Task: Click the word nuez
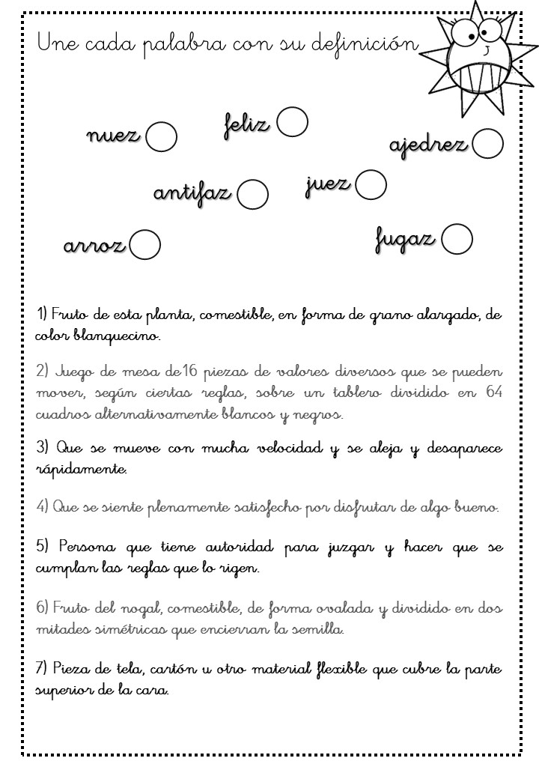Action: point(113,136)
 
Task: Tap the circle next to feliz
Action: point(293,122)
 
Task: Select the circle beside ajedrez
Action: point(488,144)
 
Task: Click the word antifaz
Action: point(192,193)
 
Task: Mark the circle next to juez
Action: point(371,185)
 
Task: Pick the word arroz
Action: point(94,246)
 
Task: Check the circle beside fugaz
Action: point(457,240)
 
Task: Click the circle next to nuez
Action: point(161,137)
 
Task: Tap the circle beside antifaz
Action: point(253,194)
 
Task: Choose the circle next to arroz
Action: point(145,244)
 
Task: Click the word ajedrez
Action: point(428,145)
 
